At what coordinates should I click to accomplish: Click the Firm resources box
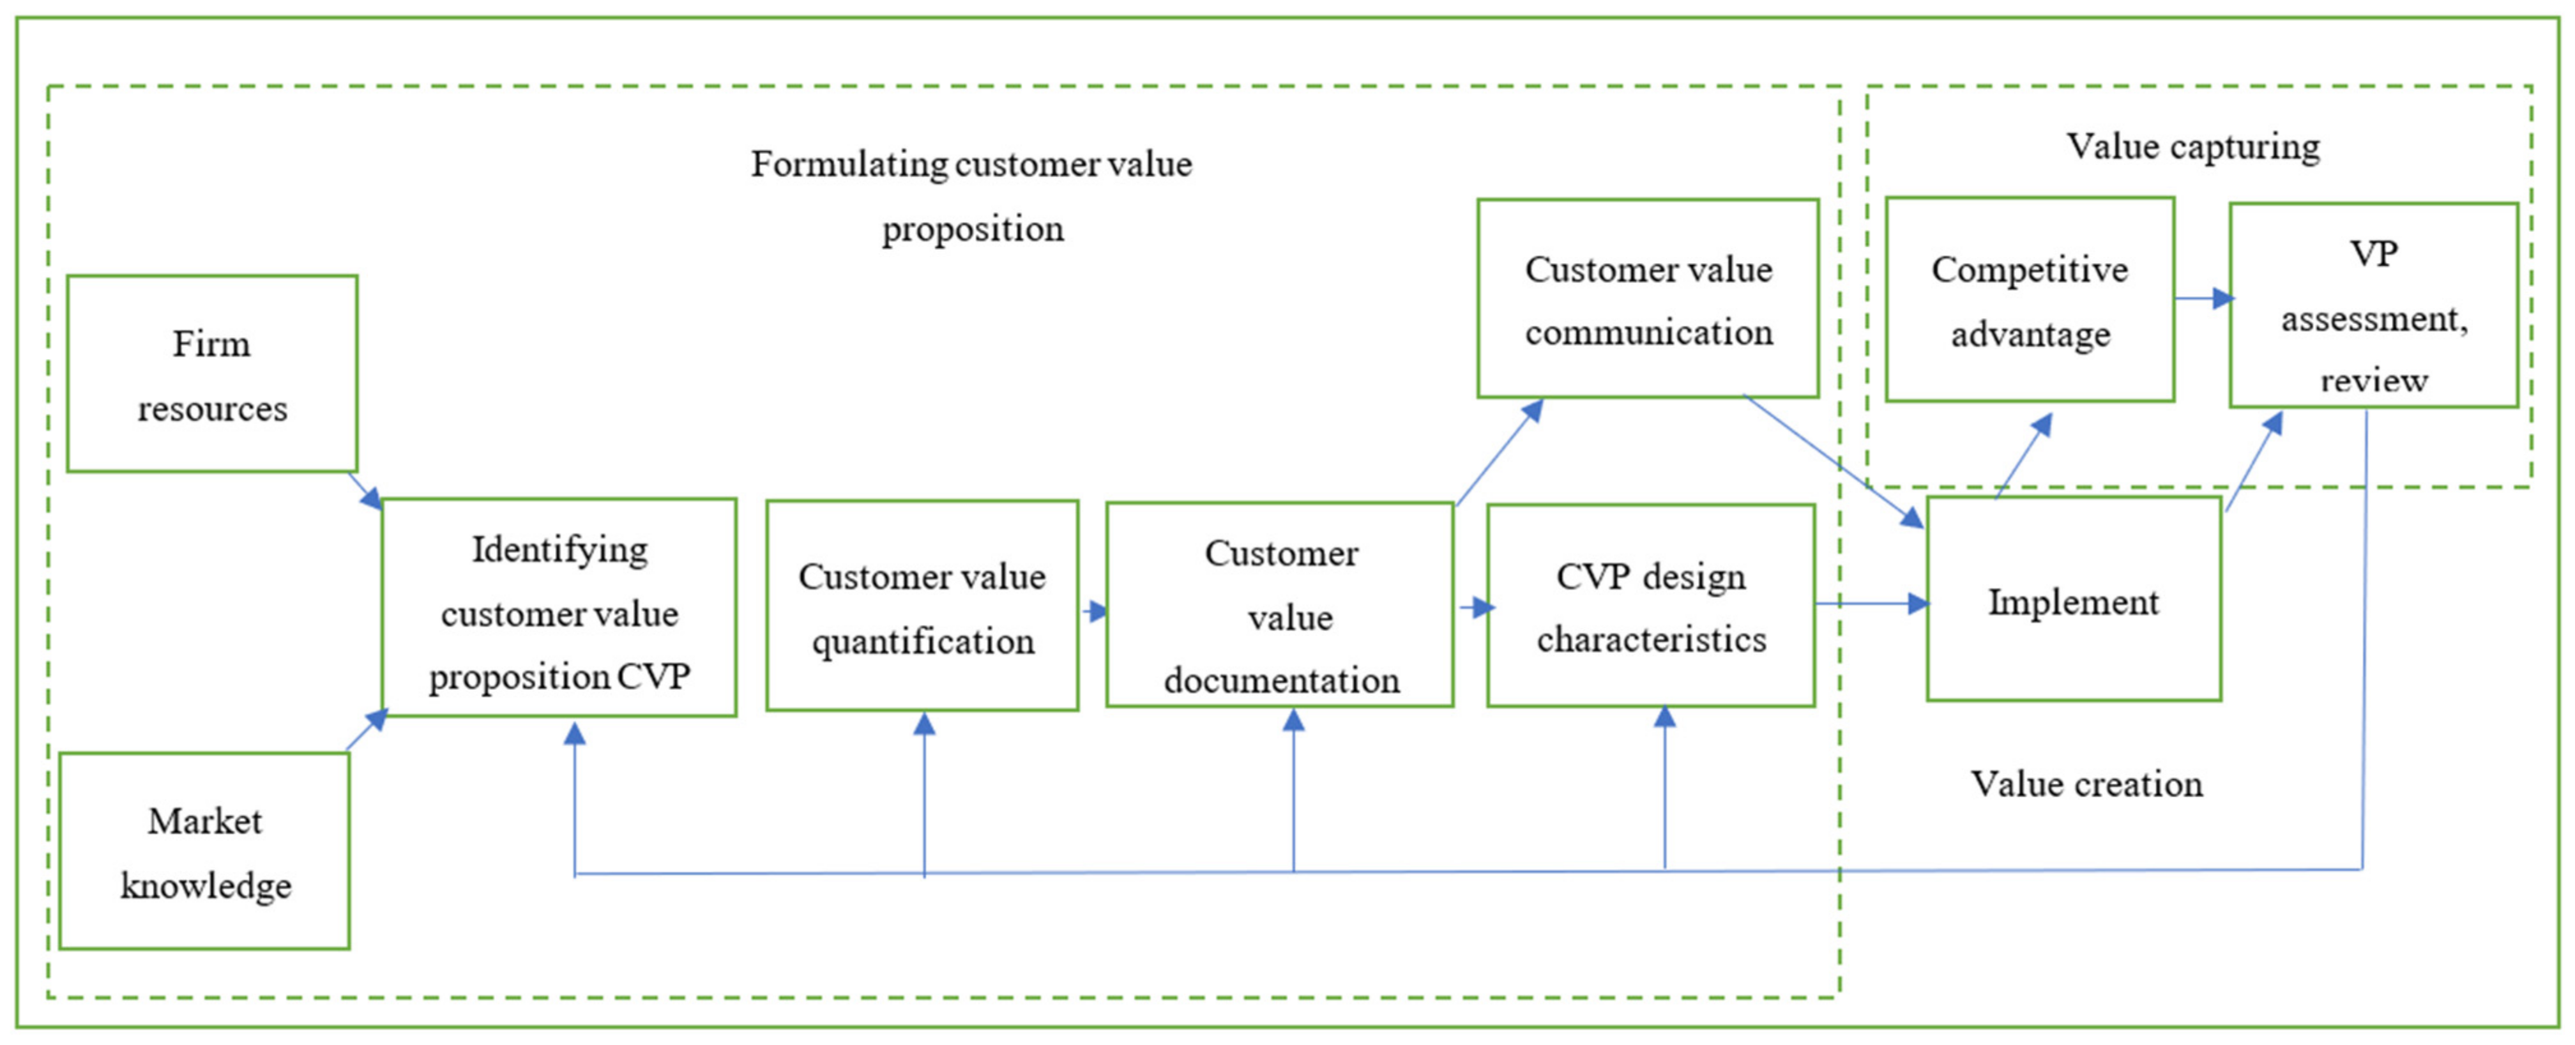pos(212,374)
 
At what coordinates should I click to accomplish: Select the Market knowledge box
pos(205,851)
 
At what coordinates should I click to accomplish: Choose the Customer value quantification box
pos(922,606)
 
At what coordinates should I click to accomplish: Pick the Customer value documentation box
pos(1279,605)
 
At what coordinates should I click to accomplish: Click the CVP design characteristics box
pos(1650,606)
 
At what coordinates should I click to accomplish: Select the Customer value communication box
pos(1647,298)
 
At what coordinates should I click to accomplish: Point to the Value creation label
pos(2086,784)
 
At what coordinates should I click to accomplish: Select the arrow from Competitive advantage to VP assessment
pos(2203,298)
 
